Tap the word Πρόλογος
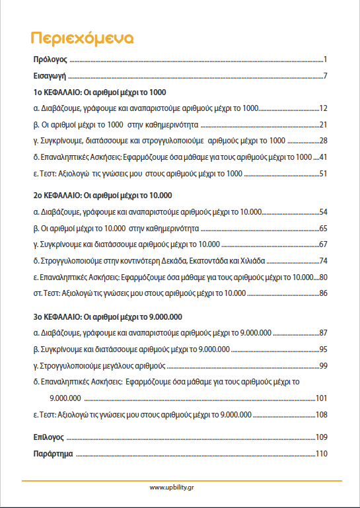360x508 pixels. coord(50,60)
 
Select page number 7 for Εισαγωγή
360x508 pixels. coord(326,76)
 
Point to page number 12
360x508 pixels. coord(324,108)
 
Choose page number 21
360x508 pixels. coord(324,124)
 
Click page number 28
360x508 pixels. coord(324,141)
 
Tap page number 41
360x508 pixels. coord(324,157)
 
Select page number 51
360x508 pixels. coord(324,174)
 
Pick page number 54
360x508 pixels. coord(324,212)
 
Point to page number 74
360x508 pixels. coord(324,261)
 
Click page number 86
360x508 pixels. coord(324,293)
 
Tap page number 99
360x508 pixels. coord(324,365)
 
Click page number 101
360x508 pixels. coord(322,398)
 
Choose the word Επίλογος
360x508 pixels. coord(48,437)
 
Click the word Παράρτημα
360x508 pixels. coord(53,454)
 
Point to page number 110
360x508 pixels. coord(322,454)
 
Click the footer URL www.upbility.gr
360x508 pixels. coord(180,488)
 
